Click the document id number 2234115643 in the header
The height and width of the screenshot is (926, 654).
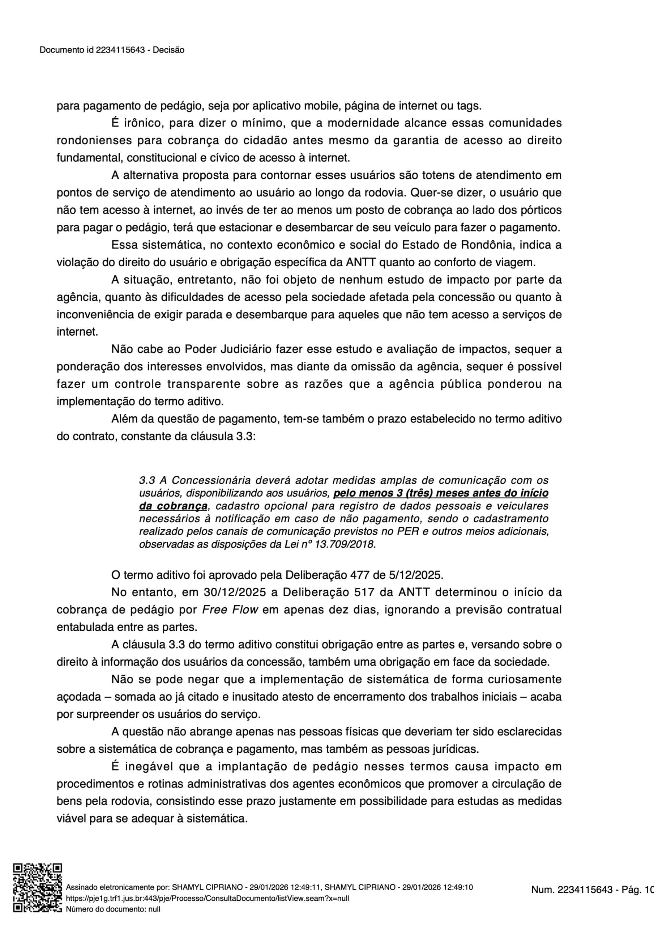coord(120,50)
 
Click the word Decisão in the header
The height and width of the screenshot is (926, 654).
coord(168,50)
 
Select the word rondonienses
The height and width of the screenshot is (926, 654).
coord(94,141)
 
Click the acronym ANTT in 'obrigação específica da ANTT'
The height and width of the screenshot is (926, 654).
coord(361,263)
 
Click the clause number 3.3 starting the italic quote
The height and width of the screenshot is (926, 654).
coord(147,480)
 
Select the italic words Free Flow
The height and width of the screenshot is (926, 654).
coord(230,610)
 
